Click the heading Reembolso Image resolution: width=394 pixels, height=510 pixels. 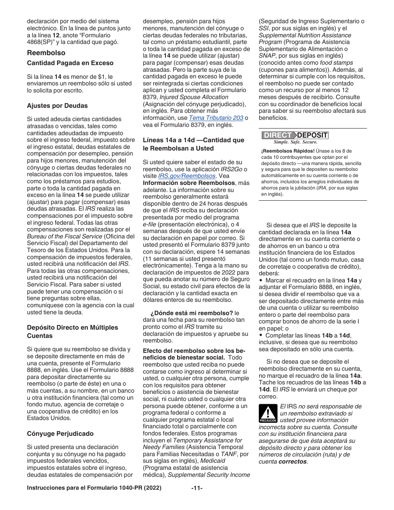click(x=46, y=53)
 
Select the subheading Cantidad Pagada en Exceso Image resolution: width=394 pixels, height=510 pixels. click(x=70, y=63)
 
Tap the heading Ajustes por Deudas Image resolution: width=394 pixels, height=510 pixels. click(x=57, y=106)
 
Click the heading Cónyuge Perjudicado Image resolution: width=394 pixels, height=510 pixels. click(x=60, y=434)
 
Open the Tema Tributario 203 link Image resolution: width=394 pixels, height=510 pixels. click(x=216, y=118)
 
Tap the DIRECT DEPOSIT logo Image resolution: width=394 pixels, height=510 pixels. click(x=294, y=135)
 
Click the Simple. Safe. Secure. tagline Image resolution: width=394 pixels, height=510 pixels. click(x=295, y=142)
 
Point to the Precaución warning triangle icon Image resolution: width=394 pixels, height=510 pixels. click(x=268, y=414)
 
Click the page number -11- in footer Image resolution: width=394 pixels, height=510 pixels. click(x=197, y=488)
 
